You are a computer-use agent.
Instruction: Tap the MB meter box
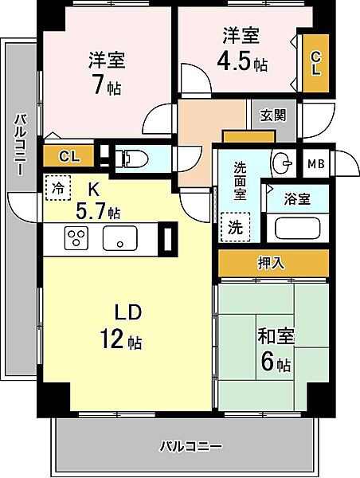point(315,164)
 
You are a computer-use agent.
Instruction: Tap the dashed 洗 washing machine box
point(236,225)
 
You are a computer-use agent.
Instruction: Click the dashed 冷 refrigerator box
point(57,187)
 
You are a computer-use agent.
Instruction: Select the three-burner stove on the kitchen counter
point(76,237)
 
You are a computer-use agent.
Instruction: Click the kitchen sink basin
point(120,238)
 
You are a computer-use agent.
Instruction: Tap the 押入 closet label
point(273,262)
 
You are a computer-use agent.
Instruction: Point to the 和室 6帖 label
point(275,349)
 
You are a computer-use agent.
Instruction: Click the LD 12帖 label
point(120,327)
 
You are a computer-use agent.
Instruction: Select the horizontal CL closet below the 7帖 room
point(68,156)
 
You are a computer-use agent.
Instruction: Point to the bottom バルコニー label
point(190,445)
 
